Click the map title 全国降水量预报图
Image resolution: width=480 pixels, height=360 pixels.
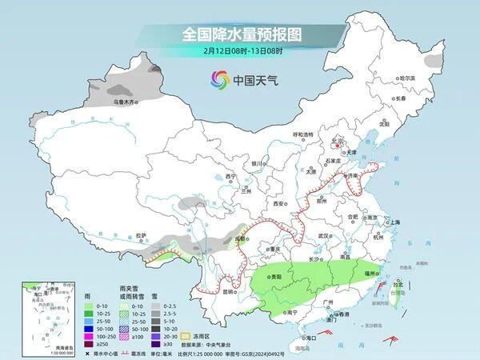pyautogui.click(x=240, y=35)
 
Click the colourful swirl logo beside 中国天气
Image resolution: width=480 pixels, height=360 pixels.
pyautogui.click(x=218, y=80)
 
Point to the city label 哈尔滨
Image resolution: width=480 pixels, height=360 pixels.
pyautogui.click(x=408, y=78)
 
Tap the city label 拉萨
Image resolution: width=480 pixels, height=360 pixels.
pyautogui.click(x=141, y=235)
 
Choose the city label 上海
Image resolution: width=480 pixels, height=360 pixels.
pyautogui.click(x=393, y=222)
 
